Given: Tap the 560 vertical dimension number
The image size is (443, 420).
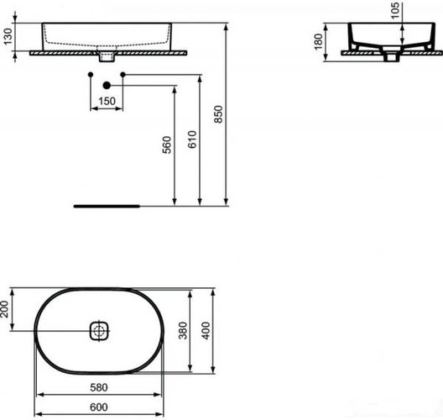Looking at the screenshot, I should tap(167, 144).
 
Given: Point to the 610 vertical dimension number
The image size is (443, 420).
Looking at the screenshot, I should tap(192, 139).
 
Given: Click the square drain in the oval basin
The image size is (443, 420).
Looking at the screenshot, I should tap(97, 331).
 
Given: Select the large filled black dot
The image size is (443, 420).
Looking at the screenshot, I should tap(107, 86).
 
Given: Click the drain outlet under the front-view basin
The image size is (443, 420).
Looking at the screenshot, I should tap(107, 57).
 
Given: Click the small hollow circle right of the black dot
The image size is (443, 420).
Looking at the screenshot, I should tap(123, 76).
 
